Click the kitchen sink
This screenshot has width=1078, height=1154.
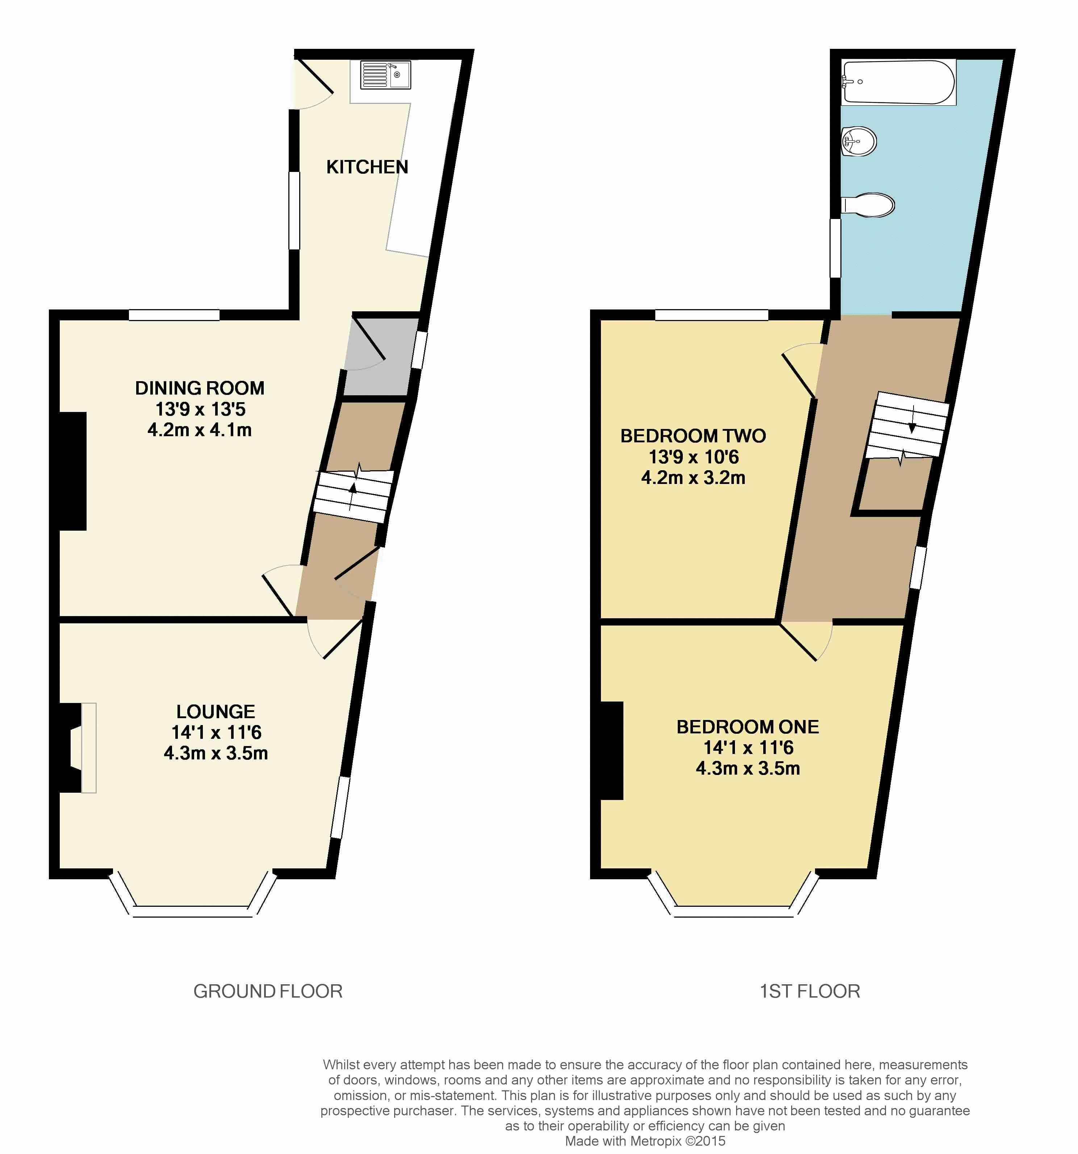(x=385, y=75)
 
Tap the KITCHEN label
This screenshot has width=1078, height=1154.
(x=367, y=167)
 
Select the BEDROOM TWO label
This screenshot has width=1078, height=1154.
(x=693, y=435)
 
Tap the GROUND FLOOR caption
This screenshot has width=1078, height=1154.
(x=268, y=991)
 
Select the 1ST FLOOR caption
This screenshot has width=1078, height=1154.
(x=810, y=991)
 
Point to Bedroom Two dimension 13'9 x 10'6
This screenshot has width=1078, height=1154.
(x=694, y=457)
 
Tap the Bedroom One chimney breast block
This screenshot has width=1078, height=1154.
(x=611, y=750)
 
